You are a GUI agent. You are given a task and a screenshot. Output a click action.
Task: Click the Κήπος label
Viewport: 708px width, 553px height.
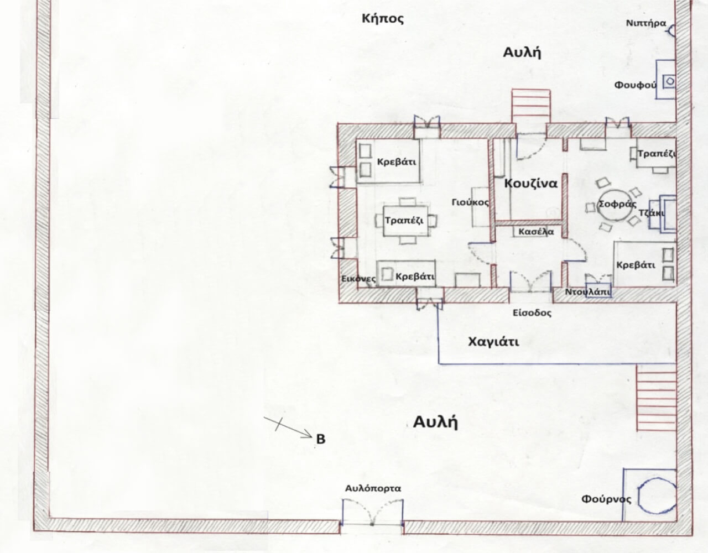(x=383, y=19)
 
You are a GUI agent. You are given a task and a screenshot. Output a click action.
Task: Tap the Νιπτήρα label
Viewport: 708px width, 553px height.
(x=646, y=23)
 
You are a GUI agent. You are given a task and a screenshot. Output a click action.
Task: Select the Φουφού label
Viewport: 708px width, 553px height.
(x=636, y=85)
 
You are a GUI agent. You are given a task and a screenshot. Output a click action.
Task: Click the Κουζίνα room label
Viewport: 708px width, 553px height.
(x=531, y=184)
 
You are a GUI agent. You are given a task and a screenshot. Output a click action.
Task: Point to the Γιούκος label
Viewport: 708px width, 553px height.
(x=470, y=202)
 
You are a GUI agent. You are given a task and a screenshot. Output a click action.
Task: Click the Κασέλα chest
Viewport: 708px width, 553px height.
(x=536, y=232)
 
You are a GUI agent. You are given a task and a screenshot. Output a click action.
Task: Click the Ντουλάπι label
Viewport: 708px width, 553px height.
(x=588, y=292)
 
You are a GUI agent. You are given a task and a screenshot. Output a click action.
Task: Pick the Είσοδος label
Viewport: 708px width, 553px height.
(x=532, y=313)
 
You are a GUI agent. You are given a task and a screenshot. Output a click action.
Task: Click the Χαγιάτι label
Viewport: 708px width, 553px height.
(x=493, y=342)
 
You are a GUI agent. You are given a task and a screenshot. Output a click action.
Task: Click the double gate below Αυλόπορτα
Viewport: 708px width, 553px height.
(x=372, y=515)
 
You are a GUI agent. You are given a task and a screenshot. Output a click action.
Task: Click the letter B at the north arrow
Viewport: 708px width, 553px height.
(x=321, y=439)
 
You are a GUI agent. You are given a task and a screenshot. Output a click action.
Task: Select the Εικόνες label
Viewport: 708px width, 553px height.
(x=358, y=279)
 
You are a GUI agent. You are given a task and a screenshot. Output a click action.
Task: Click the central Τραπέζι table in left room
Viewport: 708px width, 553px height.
(x=405, y=221)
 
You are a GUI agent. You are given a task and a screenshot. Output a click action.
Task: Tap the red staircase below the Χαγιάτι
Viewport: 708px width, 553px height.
(x=657, y=398)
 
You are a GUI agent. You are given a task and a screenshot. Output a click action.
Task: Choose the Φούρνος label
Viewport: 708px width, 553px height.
(x=606, y=499)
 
